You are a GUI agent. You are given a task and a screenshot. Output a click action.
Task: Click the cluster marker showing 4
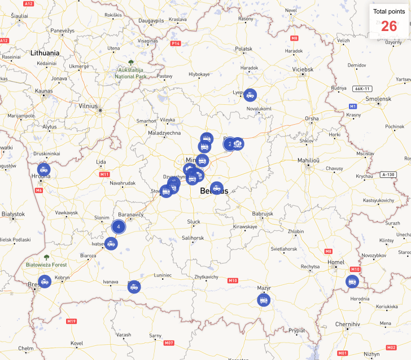click(119, 227)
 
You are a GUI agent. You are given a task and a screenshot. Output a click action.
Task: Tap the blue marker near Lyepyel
click(250, 95)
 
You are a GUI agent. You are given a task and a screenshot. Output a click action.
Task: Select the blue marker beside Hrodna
click(43, 169)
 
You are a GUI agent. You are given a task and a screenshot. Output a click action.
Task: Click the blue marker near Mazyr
click(264, 300)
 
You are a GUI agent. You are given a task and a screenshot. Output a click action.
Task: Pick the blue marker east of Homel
click(353, 281)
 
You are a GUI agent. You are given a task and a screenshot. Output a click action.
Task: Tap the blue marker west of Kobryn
click(45, 280)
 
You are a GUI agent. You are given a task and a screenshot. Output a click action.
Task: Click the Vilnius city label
click(88, 106)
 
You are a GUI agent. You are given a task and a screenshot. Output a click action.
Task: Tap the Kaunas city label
click(43, 90)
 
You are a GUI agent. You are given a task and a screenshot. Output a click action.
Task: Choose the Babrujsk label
click(263, 214)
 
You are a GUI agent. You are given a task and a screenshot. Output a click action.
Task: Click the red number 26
click(389, 26)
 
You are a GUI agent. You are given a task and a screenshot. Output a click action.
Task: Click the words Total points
click(388, 11)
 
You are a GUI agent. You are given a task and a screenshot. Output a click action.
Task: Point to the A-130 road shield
click(388, 174)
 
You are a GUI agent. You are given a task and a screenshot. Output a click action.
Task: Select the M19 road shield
click(71, 321)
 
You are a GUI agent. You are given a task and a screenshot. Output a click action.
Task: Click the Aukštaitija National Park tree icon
click(131, 62)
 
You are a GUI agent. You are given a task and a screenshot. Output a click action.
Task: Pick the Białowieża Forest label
click(46, 264)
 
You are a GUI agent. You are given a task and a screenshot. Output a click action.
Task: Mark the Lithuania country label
click(45, 52)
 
